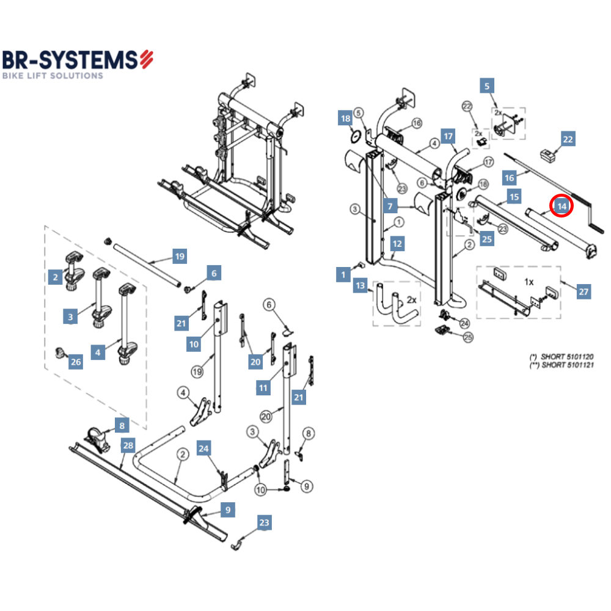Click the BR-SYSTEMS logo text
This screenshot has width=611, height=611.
[70, 59]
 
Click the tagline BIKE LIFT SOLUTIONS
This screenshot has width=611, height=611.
[53, 76]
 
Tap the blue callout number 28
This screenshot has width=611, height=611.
[127, 445]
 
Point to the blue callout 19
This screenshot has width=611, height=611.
[179, 257]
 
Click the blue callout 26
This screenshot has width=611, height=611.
[75, 362]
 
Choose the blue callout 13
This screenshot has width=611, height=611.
[360, 285]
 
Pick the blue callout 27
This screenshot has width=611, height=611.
[584, 292]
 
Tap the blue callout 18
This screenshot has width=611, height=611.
[346, 119]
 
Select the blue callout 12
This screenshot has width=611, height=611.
[398, 244]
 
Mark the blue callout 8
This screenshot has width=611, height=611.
[122, 425]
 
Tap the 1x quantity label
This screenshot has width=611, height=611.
[529, 282]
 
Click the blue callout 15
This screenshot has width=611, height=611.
[514, 197]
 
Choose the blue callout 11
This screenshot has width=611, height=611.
[263, 388]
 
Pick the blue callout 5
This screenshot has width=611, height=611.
[487, 86]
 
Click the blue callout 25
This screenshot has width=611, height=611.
[486, 239]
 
